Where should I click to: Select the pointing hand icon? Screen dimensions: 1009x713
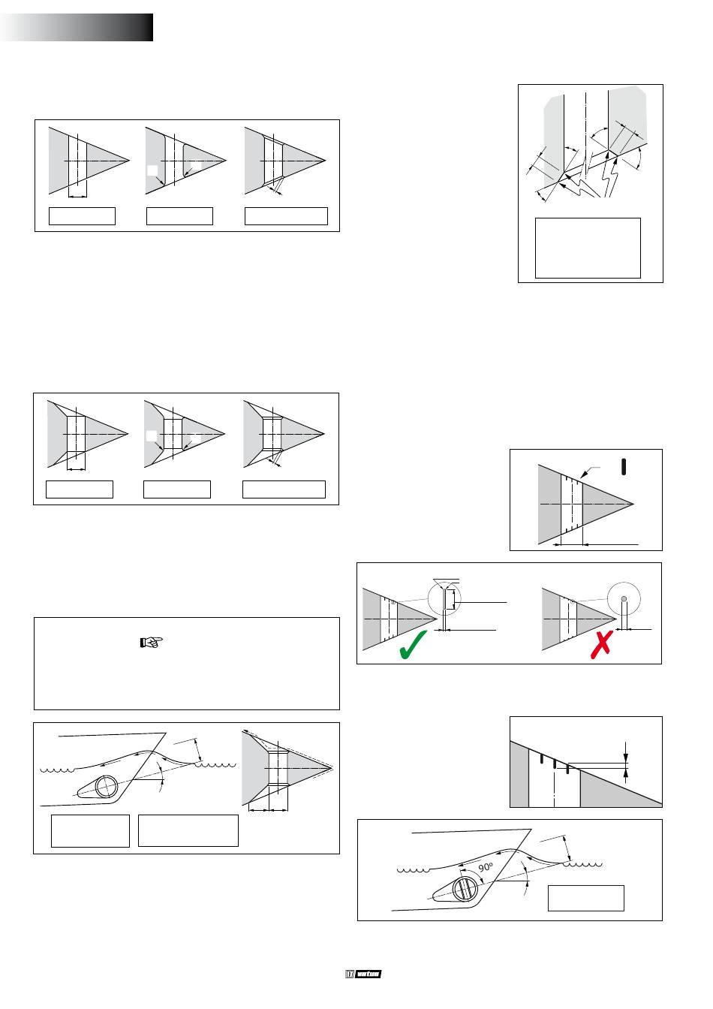click(152, 643)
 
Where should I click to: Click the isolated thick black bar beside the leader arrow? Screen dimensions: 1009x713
click(624, 465)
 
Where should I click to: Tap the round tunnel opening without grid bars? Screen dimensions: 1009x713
click(106, 786)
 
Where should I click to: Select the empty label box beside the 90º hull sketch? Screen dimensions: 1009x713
click(585, 898)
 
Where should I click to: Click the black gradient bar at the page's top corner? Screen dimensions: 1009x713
click(77, 27)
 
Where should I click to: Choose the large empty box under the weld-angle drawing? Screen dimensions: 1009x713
click(588, 248)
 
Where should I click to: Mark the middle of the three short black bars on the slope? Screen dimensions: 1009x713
click(554, 764)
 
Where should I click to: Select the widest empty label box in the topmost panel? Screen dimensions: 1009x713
click(286, 215)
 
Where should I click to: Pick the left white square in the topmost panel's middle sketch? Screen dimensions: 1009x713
click(152, 171)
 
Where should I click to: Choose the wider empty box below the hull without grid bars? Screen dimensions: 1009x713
click(188, 830)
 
